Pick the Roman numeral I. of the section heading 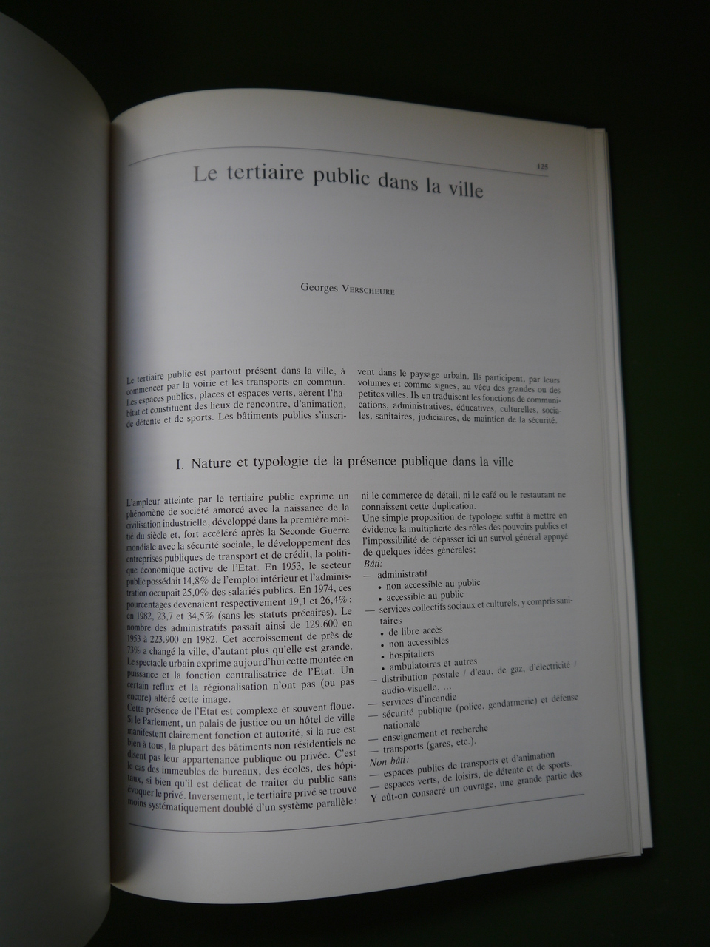click(180, 464)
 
